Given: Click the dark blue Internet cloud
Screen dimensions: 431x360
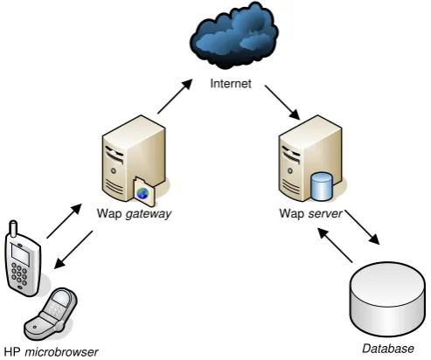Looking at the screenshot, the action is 234,36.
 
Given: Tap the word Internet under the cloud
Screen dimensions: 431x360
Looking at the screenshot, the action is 231,84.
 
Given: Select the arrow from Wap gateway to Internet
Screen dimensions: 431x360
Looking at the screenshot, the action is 175,96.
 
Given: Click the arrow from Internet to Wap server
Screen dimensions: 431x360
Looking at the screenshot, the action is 282,102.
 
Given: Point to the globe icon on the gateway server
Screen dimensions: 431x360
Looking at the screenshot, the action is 143,193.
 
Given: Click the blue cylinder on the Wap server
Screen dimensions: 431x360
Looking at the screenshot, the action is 321,187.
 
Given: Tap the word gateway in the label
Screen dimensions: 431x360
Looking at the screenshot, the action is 149,214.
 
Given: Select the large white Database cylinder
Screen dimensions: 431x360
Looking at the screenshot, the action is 387,299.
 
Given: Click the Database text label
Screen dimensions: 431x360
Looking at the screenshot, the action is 388,349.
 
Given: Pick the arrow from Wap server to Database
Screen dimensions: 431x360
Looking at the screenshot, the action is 362,226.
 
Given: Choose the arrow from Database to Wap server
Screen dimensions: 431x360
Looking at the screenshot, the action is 335,245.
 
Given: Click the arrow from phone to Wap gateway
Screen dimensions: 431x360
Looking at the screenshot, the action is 64,221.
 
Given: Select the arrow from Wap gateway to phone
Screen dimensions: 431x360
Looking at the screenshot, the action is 73,250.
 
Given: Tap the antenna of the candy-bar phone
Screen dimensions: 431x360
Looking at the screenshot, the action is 13,229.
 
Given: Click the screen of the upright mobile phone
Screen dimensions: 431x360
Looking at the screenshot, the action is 20,254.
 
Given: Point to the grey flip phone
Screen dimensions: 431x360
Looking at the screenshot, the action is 51,314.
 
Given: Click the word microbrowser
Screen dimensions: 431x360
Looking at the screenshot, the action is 61,352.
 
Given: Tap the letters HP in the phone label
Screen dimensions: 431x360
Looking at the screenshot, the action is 12,352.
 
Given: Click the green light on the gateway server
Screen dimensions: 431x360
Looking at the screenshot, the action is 114,170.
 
